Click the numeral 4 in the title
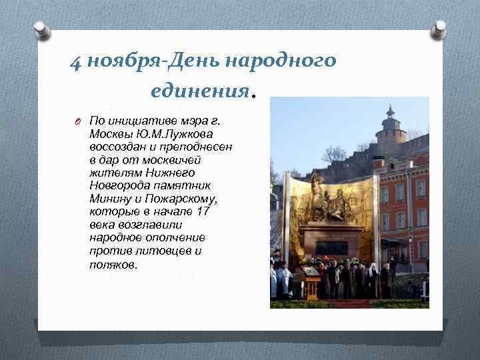tap(75, 63)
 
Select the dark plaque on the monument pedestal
tap(331, 247)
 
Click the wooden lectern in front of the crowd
tap(311, 285)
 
